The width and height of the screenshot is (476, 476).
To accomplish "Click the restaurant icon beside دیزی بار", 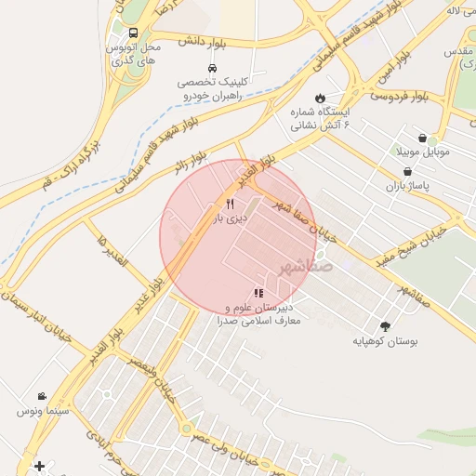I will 230,205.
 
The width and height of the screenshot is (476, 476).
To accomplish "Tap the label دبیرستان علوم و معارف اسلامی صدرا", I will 259,313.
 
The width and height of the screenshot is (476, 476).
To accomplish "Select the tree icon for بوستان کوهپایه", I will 386,326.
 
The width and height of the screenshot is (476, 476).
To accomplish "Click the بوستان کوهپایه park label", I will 385,342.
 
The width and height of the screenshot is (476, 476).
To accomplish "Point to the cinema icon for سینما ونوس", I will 42,396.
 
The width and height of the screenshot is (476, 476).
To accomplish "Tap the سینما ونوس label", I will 42,410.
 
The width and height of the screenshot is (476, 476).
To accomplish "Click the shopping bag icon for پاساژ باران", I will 408,172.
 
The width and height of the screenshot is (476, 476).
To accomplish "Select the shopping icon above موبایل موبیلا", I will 422,138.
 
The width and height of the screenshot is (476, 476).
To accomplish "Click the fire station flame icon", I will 321,98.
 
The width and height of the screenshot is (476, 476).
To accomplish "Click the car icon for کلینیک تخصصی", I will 213,69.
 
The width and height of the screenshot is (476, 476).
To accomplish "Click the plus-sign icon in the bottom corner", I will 38,466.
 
